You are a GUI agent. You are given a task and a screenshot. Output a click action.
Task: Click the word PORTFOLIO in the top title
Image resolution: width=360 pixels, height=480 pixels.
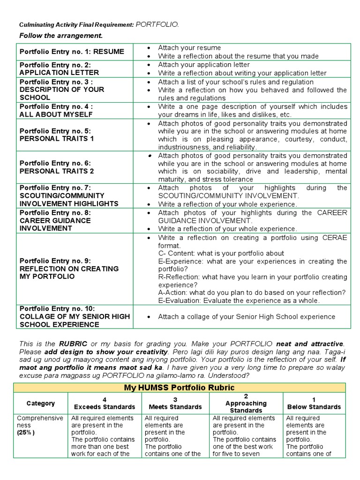(157, 24)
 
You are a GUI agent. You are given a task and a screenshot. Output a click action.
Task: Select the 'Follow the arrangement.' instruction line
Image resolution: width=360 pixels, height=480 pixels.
(60, 36)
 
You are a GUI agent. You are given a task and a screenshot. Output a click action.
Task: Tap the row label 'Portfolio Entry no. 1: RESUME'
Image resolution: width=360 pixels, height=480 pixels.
(72, 52)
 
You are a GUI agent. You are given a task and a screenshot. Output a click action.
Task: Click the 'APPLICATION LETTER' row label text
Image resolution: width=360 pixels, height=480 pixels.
(59, 73)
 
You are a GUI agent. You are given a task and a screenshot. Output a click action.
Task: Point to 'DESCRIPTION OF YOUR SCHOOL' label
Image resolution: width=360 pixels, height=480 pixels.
(61, 93)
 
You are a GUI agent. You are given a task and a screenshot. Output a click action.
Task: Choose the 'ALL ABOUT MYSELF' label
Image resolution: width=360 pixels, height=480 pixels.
(56, 114)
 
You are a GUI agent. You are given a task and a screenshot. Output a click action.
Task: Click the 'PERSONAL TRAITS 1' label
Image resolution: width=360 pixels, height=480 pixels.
(57, 138)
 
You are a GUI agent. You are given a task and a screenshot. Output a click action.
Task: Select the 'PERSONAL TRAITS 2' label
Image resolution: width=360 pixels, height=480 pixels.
(57, 171)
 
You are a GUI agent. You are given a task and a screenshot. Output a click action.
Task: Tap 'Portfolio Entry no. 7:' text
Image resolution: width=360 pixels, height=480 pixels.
(55, 188)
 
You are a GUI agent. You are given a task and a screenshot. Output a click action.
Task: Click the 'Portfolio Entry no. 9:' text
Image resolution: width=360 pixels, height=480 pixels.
(55, 261)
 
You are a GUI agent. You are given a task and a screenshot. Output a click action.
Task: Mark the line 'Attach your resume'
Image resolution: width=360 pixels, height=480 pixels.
(189, 48)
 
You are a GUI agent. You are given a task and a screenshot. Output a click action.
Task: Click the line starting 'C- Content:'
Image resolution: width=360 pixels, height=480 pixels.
(221, 254)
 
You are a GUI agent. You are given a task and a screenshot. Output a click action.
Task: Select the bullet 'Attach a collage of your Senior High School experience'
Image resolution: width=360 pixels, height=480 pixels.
(247, 317)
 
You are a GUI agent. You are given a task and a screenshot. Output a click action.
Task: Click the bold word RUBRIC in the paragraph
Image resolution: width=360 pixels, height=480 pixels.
(73, 344)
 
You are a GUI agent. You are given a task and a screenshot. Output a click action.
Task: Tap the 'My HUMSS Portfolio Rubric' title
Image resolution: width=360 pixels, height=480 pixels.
(179, 388)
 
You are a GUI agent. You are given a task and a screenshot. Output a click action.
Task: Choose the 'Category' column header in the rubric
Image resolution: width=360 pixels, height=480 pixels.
(41, 403)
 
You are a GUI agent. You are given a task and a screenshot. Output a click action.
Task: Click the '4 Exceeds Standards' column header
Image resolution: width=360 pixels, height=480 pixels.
(105, 403)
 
